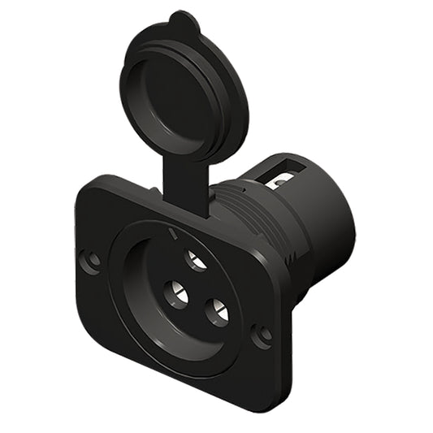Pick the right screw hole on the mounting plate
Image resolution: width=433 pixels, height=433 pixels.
[x=262, y=334]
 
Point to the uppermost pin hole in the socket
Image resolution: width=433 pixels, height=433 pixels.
[x=196, y=260]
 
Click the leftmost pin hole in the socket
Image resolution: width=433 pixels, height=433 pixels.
[x=175, y=293]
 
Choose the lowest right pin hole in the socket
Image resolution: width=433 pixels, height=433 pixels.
[x=217, y=311]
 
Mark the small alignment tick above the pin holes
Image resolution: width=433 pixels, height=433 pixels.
[x=171, y=235]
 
